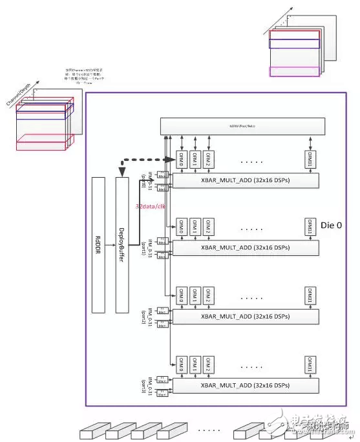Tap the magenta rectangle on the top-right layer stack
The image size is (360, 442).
295,72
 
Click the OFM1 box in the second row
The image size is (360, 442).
195,227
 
